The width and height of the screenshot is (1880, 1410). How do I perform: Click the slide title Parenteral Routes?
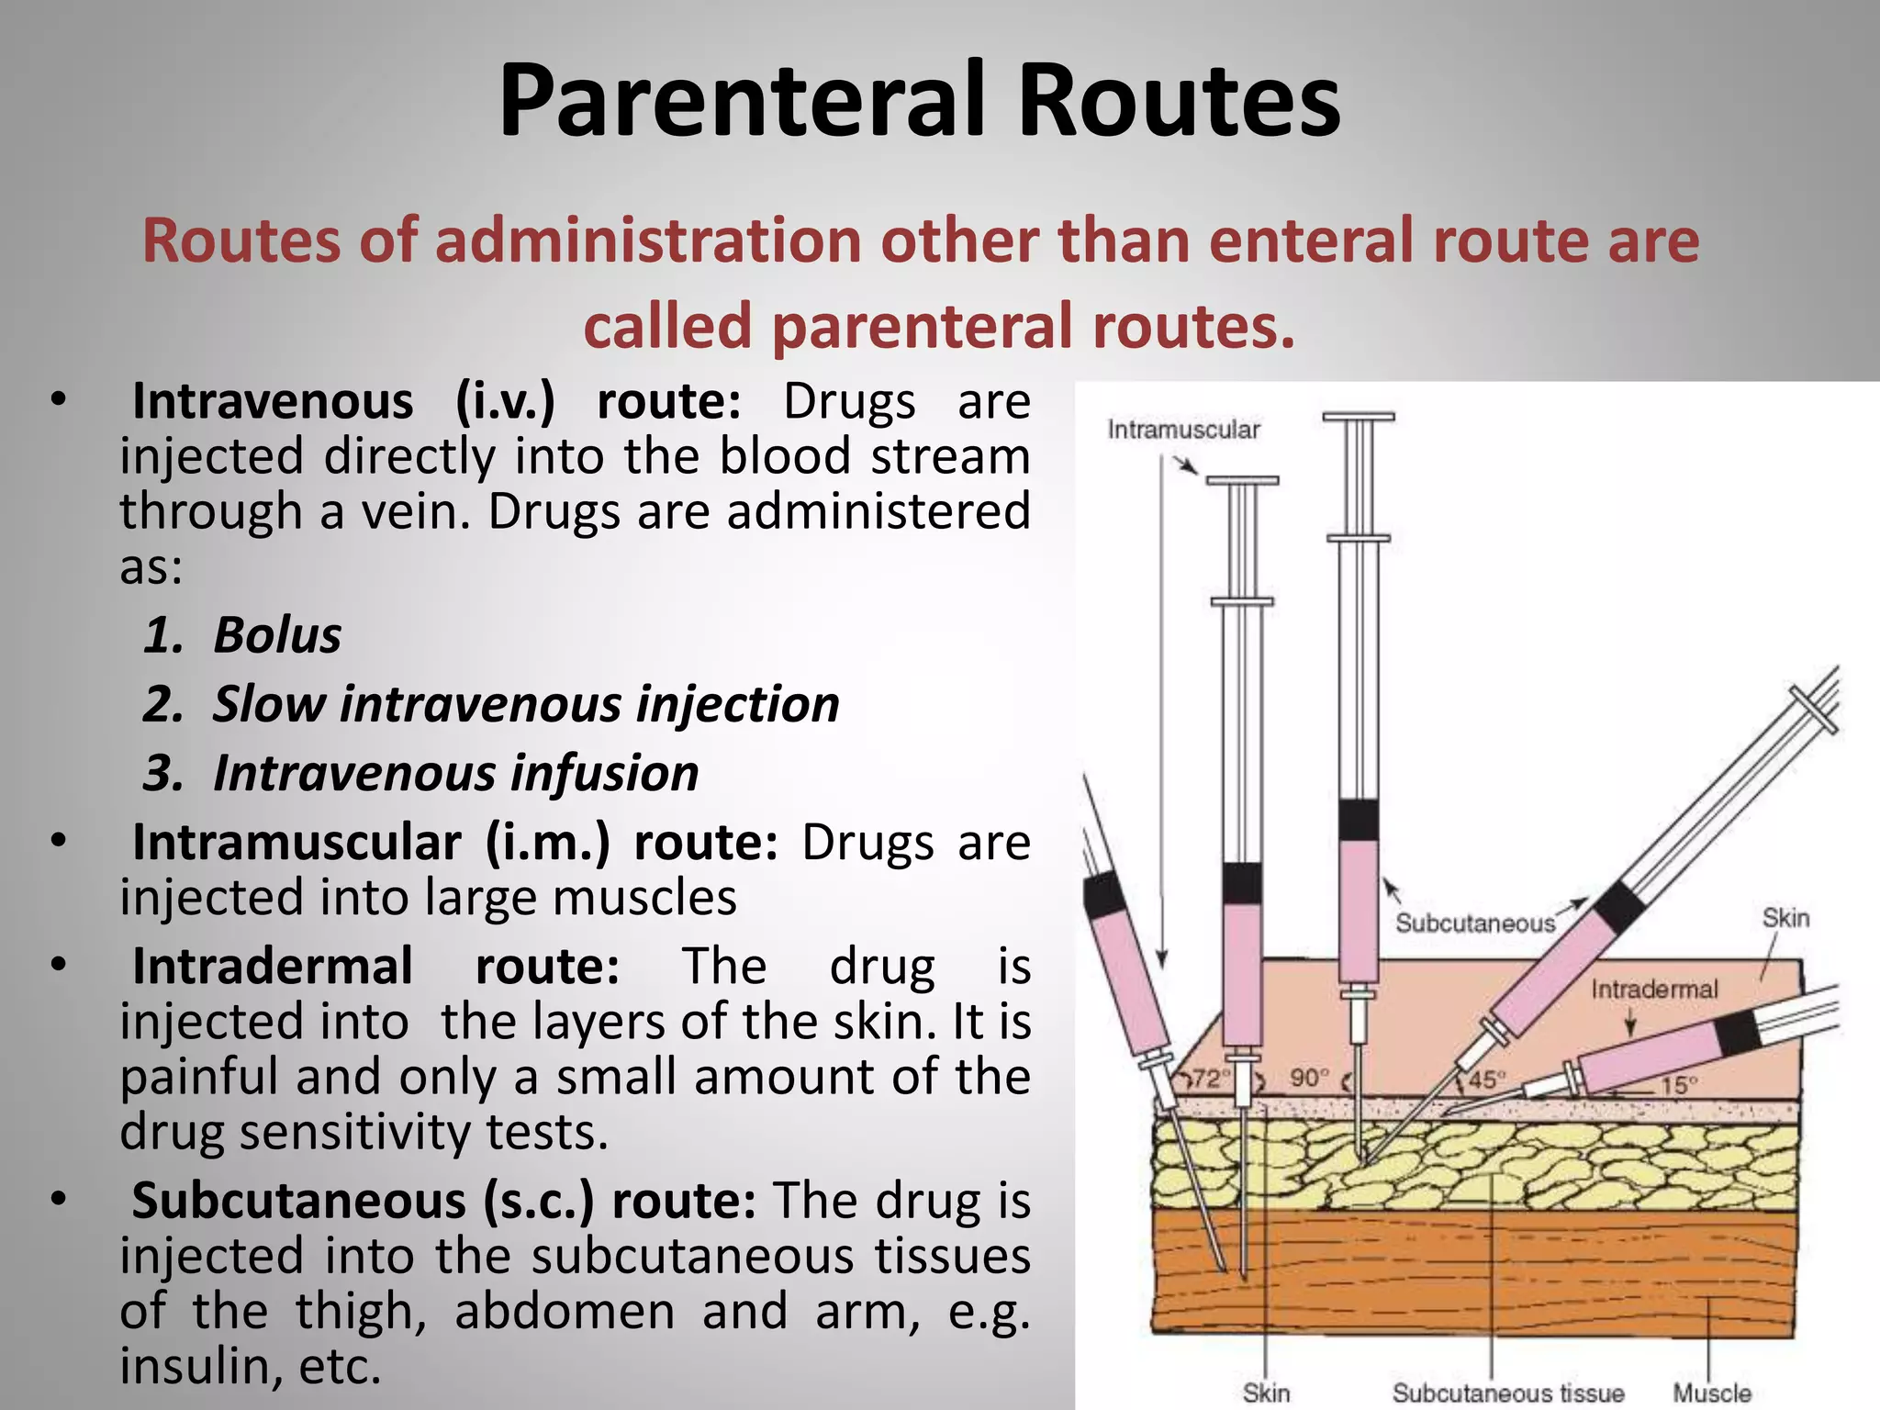[919, 99]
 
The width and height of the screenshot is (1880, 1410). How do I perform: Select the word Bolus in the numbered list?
[277, 635]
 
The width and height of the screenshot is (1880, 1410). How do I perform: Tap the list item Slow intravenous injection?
[526, 704]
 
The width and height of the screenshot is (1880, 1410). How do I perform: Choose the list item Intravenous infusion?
[455, 773]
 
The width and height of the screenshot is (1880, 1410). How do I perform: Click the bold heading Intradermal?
[272, 966]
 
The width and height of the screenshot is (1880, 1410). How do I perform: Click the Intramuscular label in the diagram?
[1183, 430]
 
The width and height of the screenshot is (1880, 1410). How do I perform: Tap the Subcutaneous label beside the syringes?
[1475, 923]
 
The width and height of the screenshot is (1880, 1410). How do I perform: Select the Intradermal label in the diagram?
[1654, 990]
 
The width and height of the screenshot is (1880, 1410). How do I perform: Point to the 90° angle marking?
[1310, 1078]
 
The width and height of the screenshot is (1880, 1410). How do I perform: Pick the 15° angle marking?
[1679, 1085]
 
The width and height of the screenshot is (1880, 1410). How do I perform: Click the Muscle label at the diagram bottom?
[1711, 1393]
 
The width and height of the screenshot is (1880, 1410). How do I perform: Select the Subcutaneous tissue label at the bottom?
[1507, 1393]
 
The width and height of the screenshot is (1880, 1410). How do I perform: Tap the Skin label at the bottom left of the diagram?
[1266, 1393]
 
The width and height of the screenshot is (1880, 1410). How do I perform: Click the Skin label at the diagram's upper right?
[1785, 918]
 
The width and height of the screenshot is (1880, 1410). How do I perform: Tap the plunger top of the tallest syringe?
[1359, 418]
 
